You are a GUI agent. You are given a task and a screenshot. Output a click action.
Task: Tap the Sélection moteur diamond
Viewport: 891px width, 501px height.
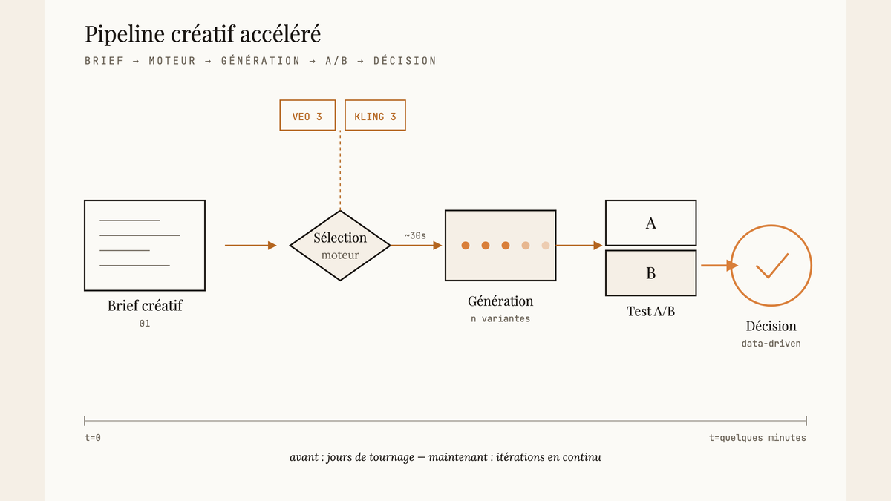[x=340, y=246]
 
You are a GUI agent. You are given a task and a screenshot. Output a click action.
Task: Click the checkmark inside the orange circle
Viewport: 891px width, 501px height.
[x=772, y=266]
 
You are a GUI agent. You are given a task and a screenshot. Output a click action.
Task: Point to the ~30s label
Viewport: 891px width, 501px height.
[x=415, y=236]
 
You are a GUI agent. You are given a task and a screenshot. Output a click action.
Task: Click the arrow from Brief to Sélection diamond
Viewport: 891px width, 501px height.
[x=251, y=246]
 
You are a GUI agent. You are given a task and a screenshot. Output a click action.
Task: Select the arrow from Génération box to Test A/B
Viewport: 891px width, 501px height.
[x=579, y=246]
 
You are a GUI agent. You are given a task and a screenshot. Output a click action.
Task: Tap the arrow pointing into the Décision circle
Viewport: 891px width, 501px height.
[x=719, y=265]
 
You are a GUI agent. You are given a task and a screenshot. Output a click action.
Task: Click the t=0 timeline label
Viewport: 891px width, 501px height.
[x=93, y=438]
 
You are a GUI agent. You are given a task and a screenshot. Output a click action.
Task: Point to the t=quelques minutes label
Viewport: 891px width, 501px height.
[x=757, y=438]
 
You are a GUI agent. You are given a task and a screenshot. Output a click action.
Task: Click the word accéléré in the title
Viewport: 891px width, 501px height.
[x=280, y=34]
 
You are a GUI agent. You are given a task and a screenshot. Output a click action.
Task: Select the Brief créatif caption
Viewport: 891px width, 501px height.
[x=145, y=305]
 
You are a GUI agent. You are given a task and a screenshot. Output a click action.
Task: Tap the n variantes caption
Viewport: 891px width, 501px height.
[x=500, y=319]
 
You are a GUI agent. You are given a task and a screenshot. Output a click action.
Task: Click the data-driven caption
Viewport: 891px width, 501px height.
[x=771, y=344]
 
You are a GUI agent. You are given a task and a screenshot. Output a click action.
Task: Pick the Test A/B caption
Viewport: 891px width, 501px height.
[x=650, y=311]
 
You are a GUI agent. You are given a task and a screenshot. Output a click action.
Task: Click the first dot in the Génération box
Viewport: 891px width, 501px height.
[x=466, y=246]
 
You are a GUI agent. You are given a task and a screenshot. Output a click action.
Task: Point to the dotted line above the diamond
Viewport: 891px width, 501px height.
[x=340, y=170]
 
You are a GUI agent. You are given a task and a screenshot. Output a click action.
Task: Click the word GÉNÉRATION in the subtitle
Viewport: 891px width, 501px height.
[x=261, y=61]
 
